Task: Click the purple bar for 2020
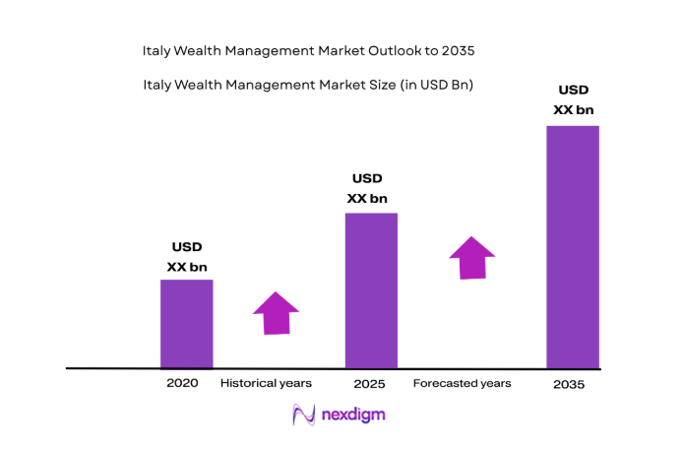(x=186, y=323)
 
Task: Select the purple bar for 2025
(x=371, y=290)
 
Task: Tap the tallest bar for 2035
(x=573, y=246)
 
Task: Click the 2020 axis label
(x=182, y=383)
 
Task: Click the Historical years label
(x=266, y=383)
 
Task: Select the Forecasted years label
(x=462, y=383)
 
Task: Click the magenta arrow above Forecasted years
(x=472, y=258)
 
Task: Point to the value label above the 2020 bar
(x=186, y=256)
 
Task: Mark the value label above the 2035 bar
(x=573, y=99)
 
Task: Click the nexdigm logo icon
(x=304, y=416)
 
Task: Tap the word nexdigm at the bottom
(x=353, y=416)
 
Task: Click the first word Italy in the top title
(x=158, y=48)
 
